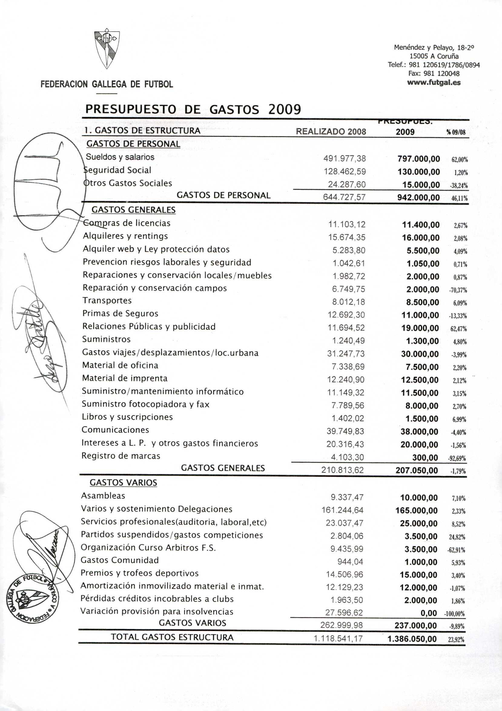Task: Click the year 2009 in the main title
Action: pyautogui.click(x=284, y=109)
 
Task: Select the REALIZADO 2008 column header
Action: pyautogui.click(x=331, y=132)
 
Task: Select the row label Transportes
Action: pyautogui.click(x=107, y=300)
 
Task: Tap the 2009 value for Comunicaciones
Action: pyautogui.click(x=419, y=432)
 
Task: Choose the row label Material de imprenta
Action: pyautogui.click(x=125, y=378)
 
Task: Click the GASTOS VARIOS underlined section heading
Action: pyautogui.click(x=123, y=483)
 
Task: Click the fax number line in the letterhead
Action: pyautogui.click(x=434, y=74)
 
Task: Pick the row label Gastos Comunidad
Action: pyautogui.click(x=120, y=560)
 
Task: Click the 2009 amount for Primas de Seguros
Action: pyautogui.click(x=420, y=315)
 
